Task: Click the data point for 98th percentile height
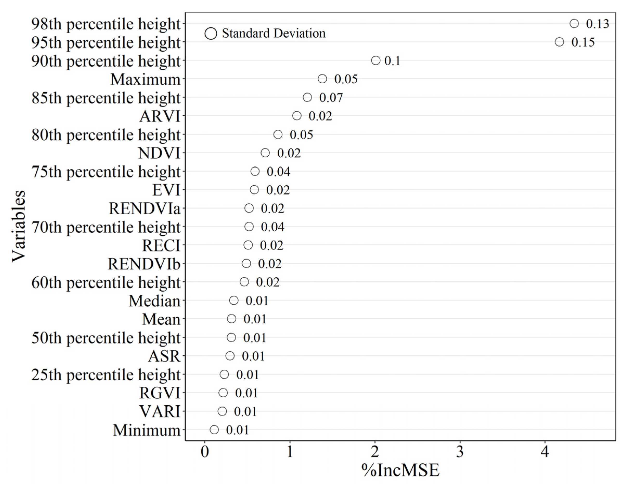tap(574, 23)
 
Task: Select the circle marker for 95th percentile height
tap(559, 42)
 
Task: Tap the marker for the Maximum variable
tap(322, 79)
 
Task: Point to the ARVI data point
tap(297, 116)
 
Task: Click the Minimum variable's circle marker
tap(214, 430)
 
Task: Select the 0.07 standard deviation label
tap(331, 98)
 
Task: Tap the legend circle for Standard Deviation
tap(211, 33)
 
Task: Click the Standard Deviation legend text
tap(274, 33)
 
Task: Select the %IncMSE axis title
tap(400, 470)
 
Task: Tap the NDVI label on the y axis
tap(159, 153)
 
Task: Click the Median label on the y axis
tap(154, 301)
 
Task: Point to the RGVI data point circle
tap(223, 393)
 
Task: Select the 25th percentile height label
tap(106, 375)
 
